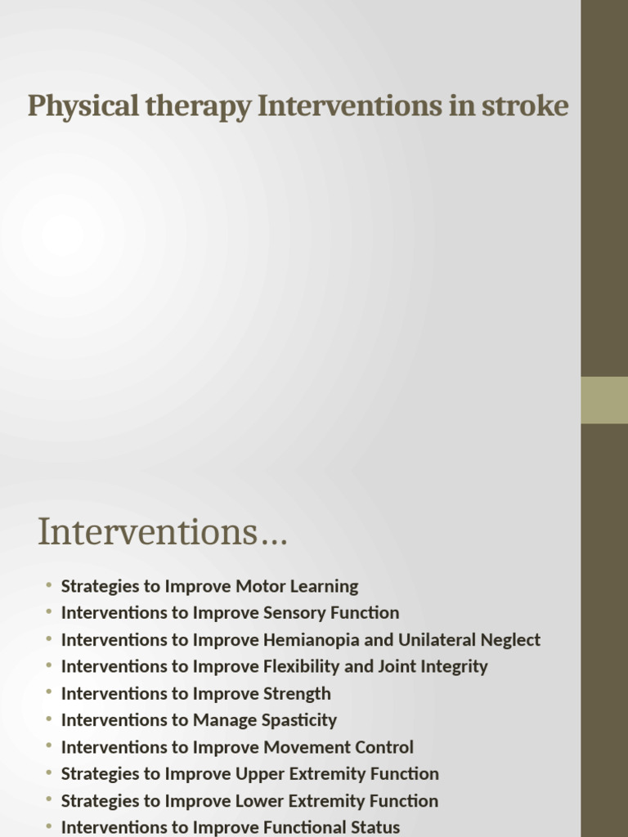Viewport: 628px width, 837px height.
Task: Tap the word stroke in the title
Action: tap(528, 106)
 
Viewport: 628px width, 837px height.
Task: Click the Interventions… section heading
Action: tap(163, 532)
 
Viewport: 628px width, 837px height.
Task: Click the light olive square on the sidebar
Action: tap(604, 400)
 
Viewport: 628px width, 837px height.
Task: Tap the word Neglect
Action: tap(507, 640)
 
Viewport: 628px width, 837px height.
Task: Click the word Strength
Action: tap(298, 693)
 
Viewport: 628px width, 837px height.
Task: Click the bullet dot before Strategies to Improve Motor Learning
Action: tap(49, 586)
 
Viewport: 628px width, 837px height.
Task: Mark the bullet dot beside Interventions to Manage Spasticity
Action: tap(49, 720)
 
